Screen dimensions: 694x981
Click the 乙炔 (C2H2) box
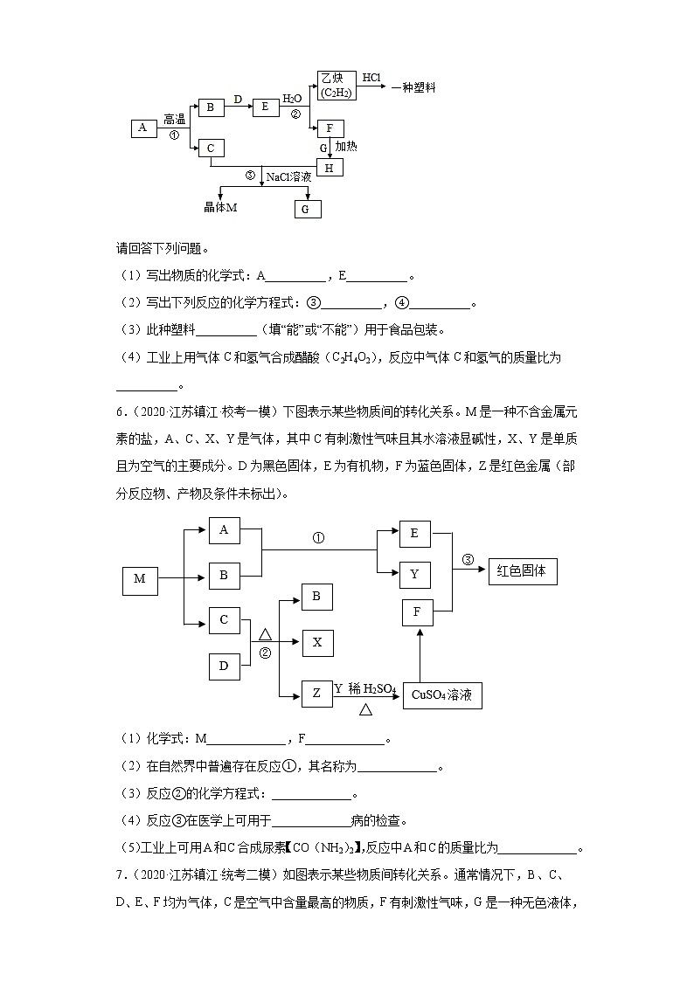[336, 86]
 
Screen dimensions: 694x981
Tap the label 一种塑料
[413, 87]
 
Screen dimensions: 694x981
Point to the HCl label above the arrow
[371, 78]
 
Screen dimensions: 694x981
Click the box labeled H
[329, 167]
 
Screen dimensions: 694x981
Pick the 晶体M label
[220, 207]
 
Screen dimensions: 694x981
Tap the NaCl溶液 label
[288, 176]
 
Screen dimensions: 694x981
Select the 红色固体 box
[521, 570]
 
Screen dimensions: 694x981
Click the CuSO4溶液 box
[442, 695]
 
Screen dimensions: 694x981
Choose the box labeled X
[316, 643]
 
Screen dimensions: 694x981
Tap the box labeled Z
[316, 694]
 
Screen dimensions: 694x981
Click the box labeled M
[140, 578]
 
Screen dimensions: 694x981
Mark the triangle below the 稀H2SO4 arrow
[365, 709]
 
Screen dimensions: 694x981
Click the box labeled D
[224, 666]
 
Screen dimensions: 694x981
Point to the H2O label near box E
[292, 100]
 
